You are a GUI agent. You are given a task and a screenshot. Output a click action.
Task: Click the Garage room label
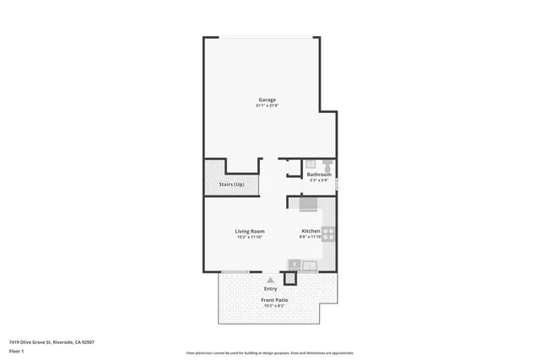point(267,99)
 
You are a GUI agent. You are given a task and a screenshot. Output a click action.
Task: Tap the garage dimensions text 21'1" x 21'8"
point(267,106)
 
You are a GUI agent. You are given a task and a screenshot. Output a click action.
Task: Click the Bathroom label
point(319,175)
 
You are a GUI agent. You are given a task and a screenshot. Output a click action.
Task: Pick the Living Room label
point(250,231)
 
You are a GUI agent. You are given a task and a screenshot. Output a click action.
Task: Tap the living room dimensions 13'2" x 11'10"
point(250,238)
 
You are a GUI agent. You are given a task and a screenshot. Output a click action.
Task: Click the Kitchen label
point(310,231)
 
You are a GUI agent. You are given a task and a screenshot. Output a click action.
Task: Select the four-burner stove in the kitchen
point(329,234)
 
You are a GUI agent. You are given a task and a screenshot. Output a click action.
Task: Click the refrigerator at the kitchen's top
point(307,204)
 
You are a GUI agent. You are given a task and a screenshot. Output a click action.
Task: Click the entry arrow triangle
point(270,280)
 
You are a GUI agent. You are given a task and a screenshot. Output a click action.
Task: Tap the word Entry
point(270,289)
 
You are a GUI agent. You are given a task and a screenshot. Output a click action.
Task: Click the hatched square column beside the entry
point(291,278)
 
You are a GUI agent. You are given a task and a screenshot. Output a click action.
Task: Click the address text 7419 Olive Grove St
point(51,342)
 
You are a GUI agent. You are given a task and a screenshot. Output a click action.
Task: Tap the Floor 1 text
point(17,351)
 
